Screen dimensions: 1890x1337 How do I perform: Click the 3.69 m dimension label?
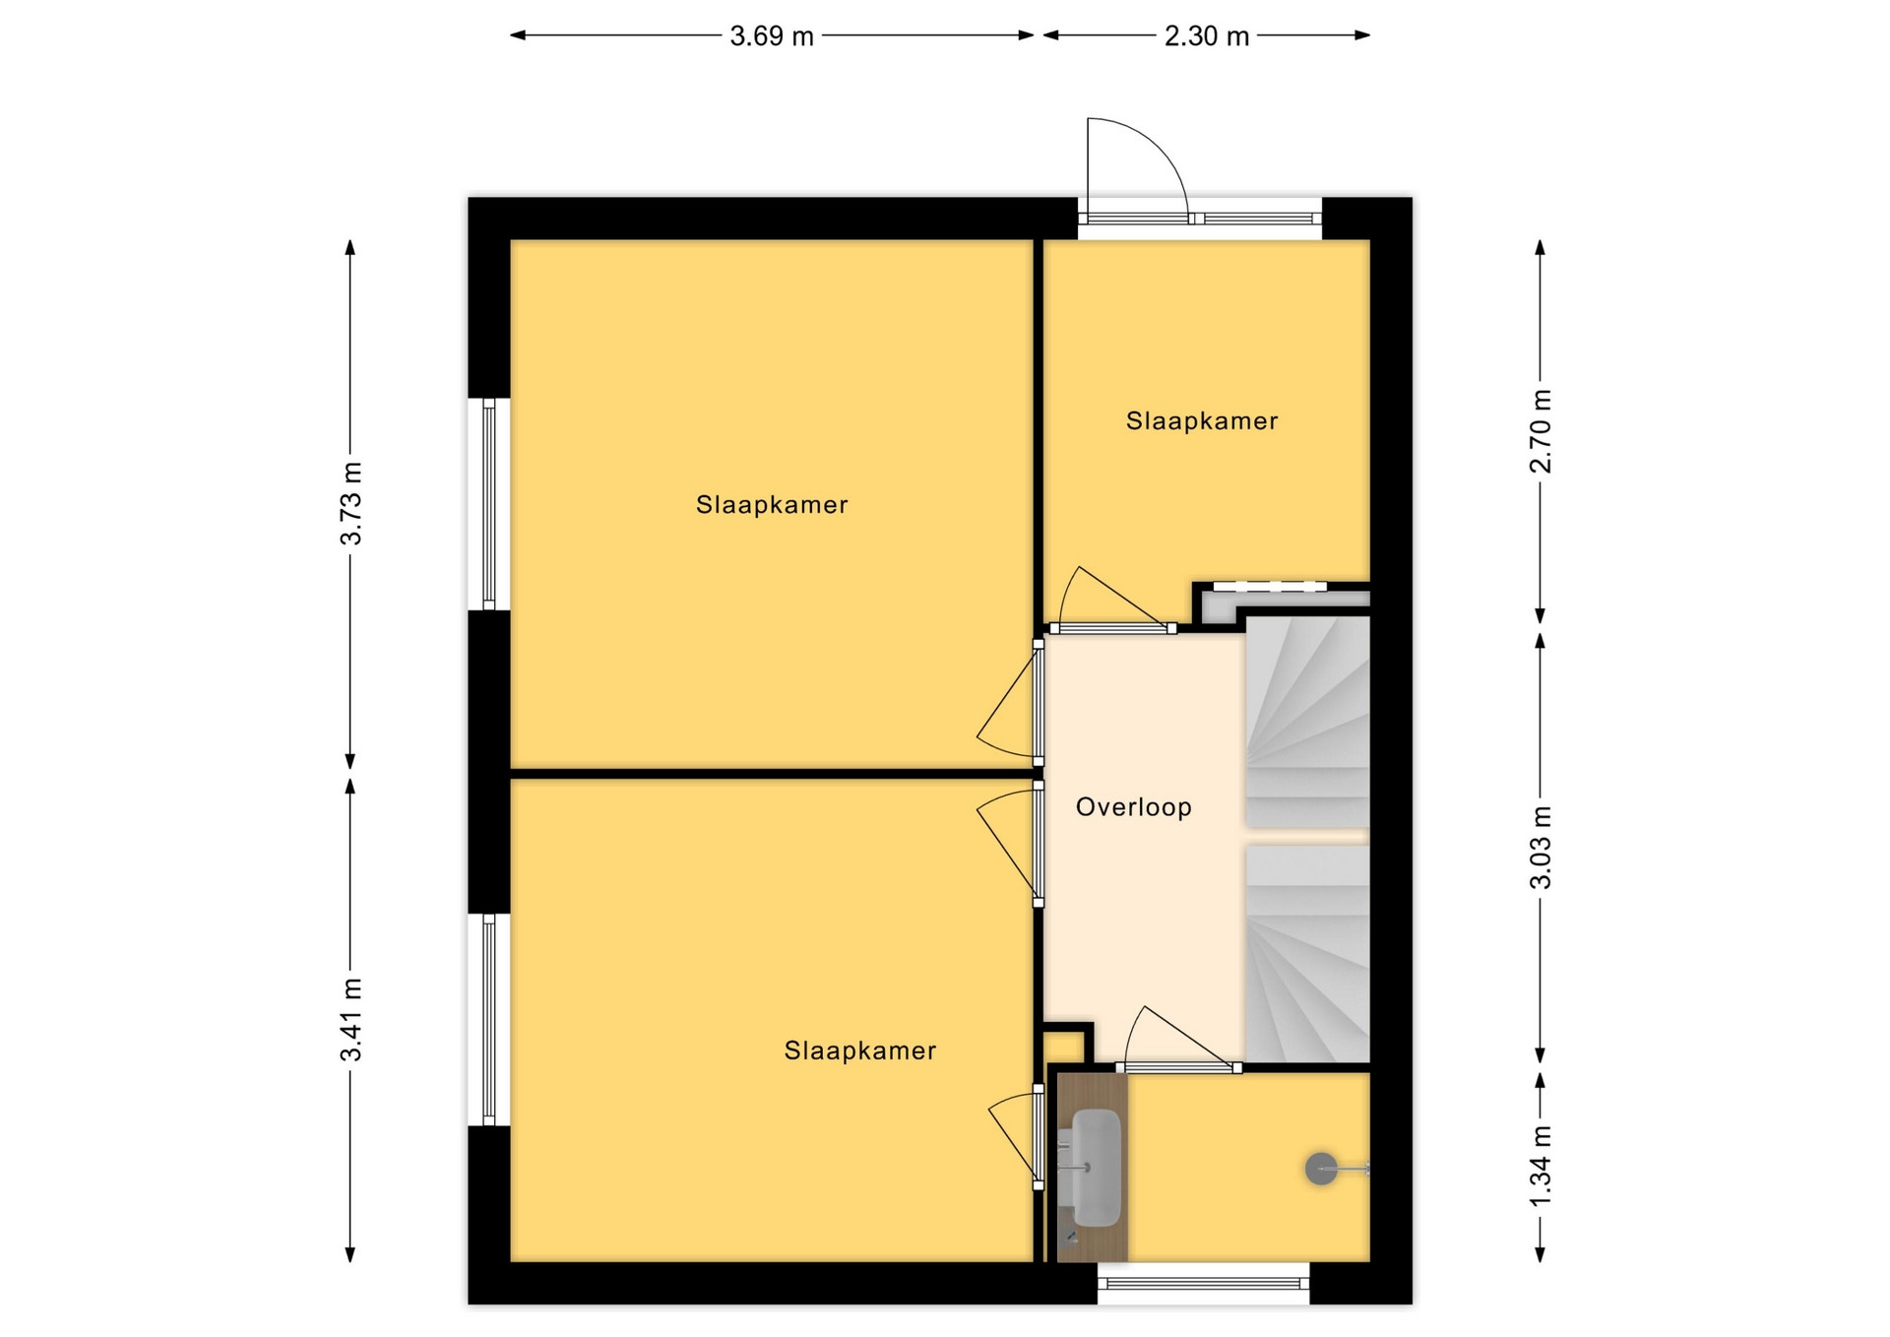(772, 36)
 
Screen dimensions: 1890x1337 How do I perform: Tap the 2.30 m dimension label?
(1207, 36)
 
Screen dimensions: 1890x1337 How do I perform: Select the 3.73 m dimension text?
(351, 503)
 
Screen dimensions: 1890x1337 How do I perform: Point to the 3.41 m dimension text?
(351, 1020)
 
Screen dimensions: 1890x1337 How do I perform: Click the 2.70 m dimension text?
(1541, 431)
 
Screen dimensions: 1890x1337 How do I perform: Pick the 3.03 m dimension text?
(1541, 847)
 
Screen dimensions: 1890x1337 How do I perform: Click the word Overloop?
(1134, 807)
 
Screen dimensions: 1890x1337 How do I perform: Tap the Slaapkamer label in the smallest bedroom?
(1202, 421)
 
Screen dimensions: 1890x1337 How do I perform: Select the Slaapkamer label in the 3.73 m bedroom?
(772, 505)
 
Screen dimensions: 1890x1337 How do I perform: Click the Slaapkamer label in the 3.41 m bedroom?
(860, 1050)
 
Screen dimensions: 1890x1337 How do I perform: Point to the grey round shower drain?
(1321, 1169)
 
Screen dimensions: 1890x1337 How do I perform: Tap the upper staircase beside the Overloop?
(1308, 722)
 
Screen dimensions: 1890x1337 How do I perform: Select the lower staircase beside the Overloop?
(1308, 953)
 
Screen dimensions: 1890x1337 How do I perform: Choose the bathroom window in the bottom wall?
(1204, 1284)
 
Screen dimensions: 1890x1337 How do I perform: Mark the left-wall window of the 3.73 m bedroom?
(489, 504)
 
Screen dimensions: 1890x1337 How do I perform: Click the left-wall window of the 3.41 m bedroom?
(489, 1019)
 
